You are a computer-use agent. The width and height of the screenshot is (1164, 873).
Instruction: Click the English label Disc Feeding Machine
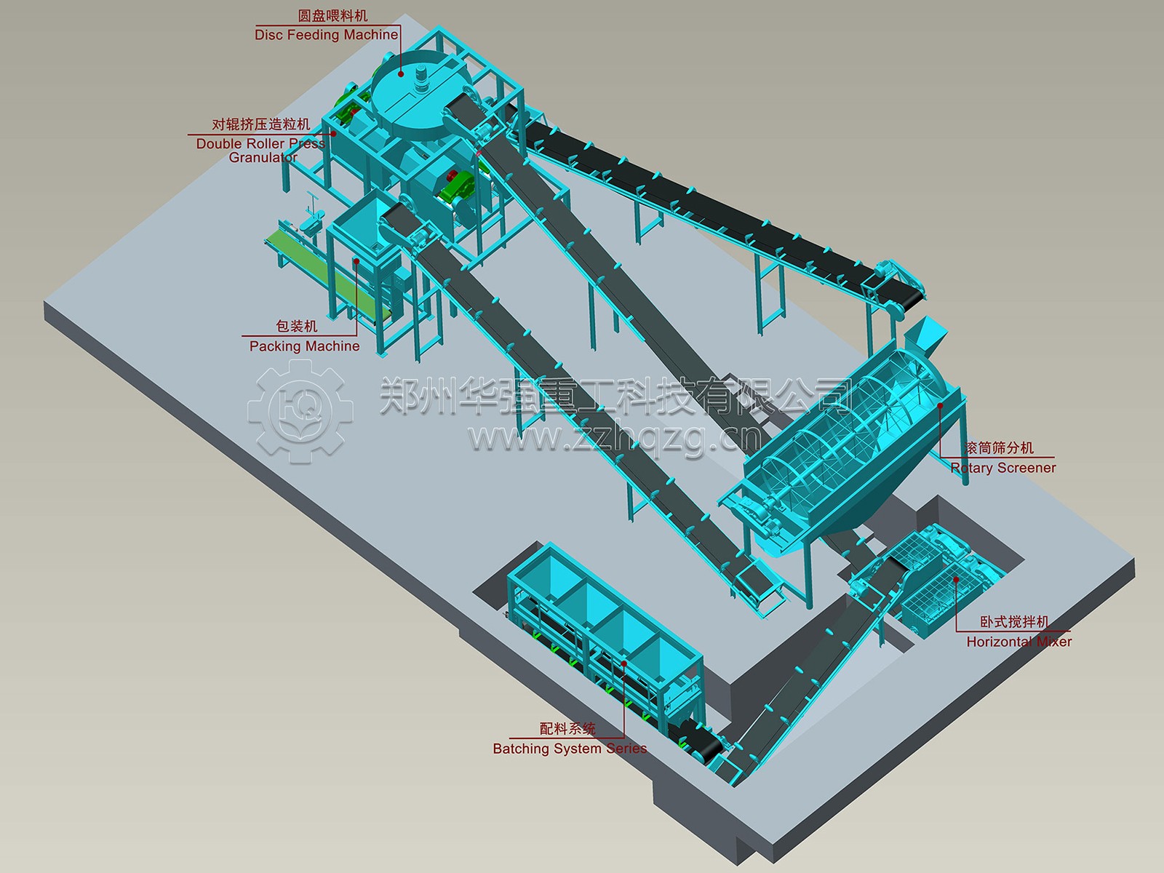[x=326, y=35]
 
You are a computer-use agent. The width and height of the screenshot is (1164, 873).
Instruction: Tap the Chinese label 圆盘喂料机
[x=332, y=16]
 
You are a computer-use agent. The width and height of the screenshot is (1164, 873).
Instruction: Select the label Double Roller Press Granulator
[x=261, y=151]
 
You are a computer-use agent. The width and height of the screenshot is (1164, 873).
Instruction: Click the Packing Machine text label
[x=304, y=346]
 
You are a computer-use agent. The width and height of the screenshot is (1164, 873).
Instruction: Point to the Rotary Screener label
[x=1002, y=468]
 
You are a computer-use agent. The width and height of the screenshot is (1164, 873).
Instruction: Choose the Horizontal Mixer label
[x=1018, y=642]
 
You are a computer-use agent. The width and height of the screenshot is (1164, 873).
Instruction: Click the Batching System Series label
[x=570, y=749]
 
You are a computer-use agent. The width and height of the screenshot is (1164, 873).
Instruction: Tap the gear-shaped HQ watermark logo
[x=300, y=411]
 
